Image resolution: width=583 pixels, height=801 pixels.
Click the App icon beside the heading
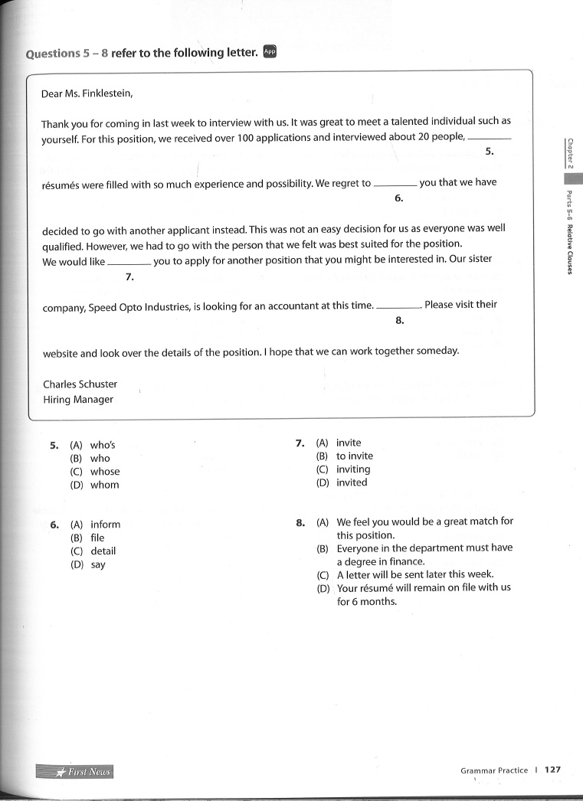tap(269, 52)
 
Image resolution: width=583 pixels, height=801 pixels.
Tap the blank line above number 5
tap(489, 138)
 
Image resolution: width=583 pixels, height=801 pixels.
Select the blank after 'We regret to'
tap(395, 185)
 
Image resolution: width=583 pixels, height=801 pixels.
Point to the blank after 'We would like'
tap(129, 262)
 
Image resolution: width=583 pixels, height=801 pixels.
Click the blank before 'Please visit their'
tap(398, 306)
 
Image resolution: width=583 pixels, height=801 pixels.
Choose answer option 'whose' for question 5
tap(105, 472)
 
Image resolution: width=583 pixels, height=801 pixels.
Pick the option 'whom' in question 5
tap(105, 485)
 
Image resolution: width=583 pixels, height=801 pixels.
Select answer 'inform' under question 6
tap(105, 525)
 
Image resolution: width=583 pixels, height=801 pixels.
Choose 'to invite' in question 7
tap(354, 456)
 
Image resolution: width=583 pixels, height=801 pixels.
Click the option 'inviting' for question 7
tap(352, 469)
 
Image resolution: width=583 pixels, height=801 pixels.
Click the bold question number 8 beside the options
tap(300, 522)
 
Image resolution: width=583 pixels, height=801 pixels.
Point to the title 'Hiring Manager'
tap(78, 400)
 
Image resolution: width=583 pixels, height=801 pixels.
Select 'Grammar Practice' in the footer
tap(494, 770)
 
